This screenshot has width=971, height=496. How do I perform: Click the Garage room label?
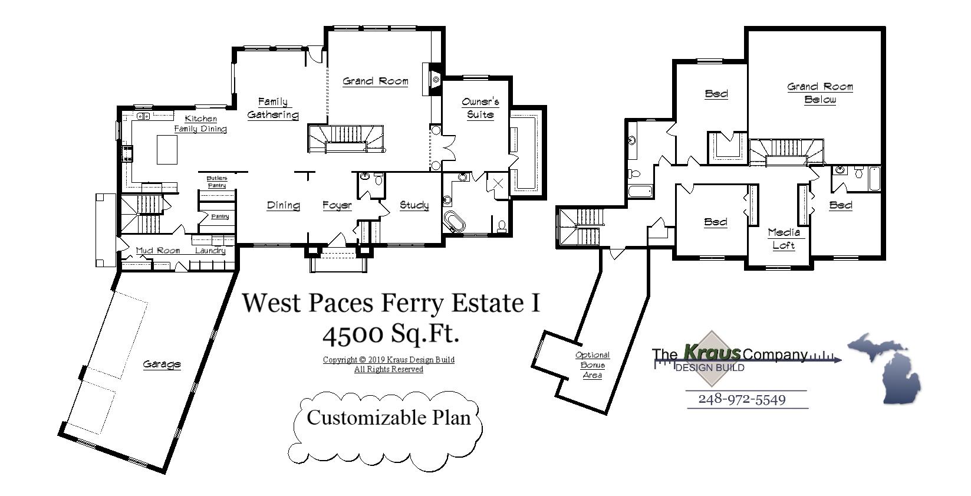pos(162,364)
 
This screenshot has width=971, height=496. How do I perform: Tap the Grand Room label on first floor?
pos(375,81)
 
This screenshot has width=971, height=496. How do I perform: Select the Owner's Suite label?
pos(480,108)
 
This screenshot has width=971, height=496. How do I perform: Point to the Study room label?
pos(414,205)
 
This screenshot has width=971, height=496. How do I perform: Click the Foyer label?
pos(337,205)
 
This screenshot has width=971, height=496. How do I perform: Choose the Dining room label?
pos(283,205)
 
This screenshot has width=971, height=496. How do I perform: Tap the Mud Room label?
pos(157,251)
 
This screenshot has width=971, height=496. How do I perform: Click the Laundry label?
pos(210,251)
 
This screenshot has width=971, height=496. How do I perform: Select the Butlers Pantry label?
pos(217,182)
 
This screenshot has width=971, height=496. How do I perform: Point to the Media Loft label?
pos(784,239)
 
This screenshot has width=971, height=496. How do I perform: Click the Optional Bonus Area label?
pos(592,365)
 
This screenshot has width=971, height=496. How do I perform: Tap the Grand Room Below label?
pos(820,93)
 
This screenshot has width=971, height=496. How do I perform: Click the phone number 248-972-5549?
pos(742,399)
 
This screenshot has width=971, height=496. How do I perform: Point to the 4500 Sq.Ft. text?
pos(390,334)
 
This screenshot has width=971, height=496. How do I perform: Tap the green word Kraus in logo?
pos(712,353)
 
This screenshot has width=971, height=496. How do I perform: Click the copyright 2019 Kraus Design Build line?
pos(389,360)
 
